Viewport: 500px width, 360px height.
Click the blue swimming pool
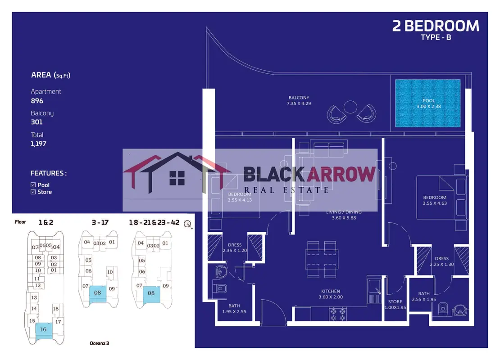pos(427,103)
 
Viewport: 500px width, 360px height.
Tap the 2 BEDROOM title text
pos(436,26)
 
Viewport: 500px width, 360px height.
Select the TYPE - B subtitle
pos(436,37)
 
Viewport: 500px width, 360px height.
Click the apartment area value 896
pos(37,101)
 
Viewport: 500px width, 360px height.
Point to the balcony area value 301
pos(37,122)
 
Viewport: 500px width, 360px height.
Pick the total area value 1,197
pos(39,144)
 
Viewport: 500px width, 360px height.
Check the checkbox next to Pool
pos(33,185)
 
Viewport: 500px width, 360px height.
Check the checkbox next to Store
pos(33,192)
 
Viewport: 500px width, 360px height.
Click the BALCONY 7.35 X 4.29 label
pos(299,100)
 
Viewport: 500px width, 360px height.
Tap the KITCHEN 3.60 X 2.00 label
pos(331,294)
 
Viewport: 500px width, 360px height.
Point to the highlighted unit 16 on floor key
pos(43,329)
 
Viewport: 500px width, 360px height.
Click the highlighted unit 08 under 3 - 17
pos(97,292)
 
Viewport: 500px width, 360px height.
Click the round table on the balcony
pos(350,107)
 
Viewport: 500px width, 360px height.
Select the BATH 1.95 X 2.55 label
pos(234,309)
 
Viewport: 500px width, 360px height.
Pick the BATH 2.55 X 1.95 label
pos(423,297)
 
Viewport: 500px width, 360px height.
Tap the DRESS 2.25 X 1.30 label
pos(441,261)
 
